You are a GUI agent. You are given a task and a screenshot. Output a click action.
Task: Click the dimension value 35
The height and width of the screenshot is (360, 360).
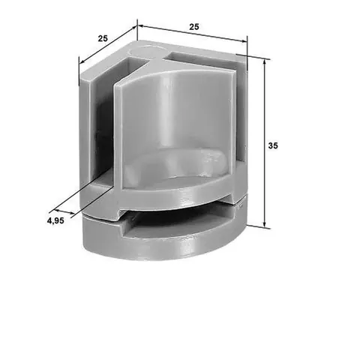click(x=273, y=145)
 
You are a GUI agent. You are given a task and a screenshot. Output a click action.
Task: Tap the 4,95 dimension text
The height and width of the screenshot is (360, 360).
click(x=55, y=220)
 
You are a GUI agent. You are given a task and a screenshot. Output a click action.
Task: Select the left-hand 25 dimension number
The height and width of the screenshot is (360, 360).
click(x=103, y=38)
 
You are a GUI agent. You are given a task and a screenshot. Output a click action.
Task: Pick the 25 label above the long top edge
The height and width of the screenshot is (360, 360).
click(x=194, y=27)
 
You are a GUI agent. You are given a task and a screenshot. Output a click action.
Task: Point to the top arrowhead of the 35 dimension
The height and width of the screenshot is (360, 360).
click(x=265, y=61)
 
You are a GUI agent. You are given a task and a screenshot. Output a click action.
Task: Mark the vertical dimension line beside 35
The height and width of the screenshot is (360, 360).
click(x=265, y=143)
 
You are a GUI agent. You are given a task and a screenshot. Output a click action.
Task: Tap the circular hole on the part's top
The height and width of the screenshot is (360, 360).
click(x=145, y=51)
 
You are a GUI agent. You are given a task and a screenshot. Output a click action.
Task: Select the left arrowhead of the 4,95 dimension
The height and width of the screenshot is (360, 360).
click(x=56, y=209)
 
